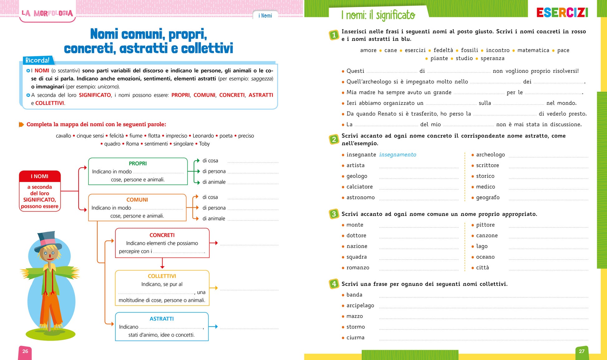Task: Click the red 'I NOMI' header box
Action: click(40, 176)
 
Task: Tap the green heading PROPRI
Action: click(138, 163)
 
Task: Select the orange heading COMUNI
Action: click(137, 200)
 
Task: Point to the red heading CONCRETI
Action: click(162, 235)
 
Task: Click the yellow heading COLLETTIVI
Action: click(162, 276)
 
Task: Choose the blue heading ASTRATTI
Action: click(162, 319)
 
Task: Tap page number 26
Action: click(25, 351)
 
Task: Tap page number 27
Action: click(581, 351)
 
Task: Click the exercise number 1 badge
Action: click(334, 35)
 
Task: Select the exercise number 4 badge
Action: click(334, 284)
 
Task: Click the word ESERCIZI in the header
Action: click(562, 13)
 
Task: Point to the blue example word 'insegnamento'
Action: click(397, 155)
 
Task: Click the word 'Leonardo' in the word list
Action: click(203, 136)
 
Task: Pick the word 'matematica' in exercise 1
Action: click(533, 50)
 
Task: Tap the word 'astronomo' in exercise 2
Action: click(361, 197)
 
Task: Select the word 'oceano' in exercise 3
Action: click(485, 257)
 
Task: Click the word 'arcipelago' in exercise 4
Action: click(360, 305)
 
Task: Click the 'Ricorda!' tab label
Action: click(37, 60)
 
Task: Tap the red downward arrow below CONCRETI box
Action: click(162, 264)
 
